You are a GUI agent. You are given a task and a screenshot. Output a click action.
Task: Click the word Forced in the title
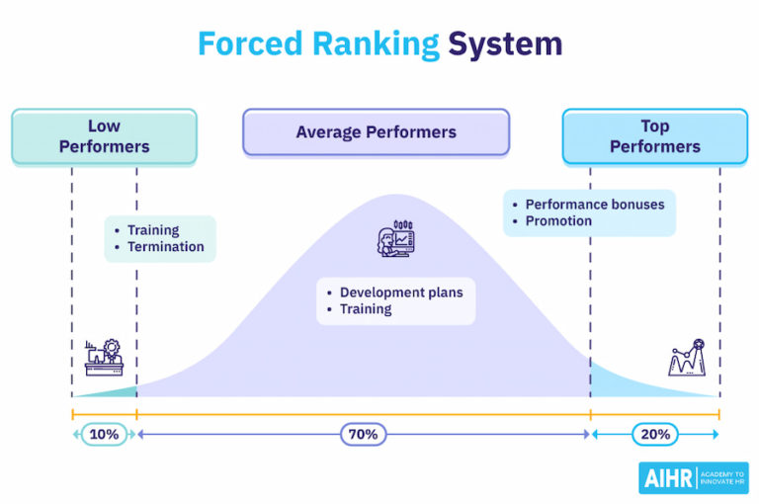click(248, 43)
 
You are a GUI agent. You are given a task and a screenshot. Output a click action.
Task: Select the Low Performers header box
click(104, 136)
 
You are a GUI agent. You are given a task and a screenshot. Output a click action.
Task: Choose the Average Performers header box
click(376, 132)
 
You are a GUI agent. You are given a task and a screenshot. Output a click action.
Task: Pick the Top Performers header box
click(654, 136)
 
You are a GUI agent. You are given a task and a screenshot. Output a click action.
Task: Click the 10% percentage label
click(104, 434)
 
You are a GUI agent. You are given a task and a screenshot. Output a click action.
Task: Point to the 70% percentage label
click(364, 434)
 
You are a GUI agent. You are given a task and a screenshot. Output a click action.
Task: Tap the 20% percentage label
click(654, 434)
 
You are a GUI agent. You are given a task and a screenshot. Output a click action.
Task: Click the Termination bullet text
click(166, 247)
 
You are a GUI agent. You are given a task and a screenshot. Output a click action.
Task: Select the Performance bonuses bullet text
click(595, 205)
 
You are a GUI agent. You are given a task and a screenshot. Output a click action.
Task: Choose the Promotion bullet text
click(558, 220)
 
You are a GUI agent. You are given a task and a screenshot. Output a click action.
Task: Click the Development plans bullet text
click(401, 293)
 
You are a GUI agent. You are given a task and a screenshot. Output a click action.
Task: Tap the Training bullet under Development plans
click(366, 308)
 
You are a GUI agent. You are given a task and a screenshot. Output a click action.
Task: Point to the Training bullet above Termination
click(153, 230)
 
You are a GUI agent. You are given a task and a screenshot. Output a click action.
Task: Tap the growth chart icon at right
click(687, 357)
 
